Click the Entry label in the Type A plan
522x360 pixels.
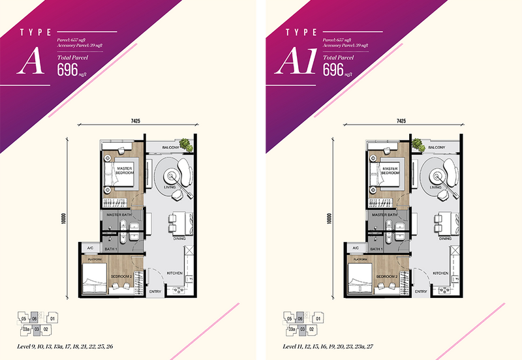(x=154, y=292)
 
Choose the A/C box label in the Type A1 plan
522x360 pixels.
(x=356, y=249)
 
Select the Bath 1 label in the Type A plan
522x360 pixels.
(x=111, y=250)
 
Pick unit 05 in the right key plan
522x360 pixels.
(x=288, y=319)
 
